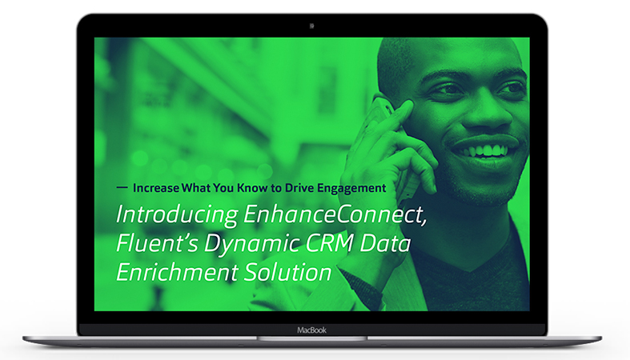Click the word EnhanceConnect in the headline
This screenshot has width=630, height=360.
[335, 214]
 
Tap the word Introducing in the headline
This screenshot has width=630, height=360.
[177, 215]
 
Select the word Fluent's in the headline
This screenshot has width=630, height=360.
[157, 243]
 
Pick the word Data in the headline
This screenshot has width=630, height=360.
[385, 243]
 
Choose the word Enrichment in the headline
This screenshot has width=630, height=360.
[177, 272]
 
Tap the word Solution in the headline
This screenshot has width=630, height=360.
[287, 272]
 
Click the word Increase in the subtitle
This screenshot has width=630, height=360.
[156, 188]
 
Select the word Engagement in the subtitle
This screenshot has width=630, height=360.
[351, 189]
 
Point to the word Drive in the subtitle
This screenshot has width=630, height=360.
[299, 188]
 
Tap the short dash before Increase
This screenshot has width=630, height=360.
[122, 187]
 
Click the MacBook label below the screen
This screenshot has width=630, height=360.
[311, 330]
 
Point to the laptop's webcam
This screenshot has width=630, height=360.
[311, 26]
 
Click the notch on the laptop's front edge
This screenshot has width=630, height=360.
[311, 338]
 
